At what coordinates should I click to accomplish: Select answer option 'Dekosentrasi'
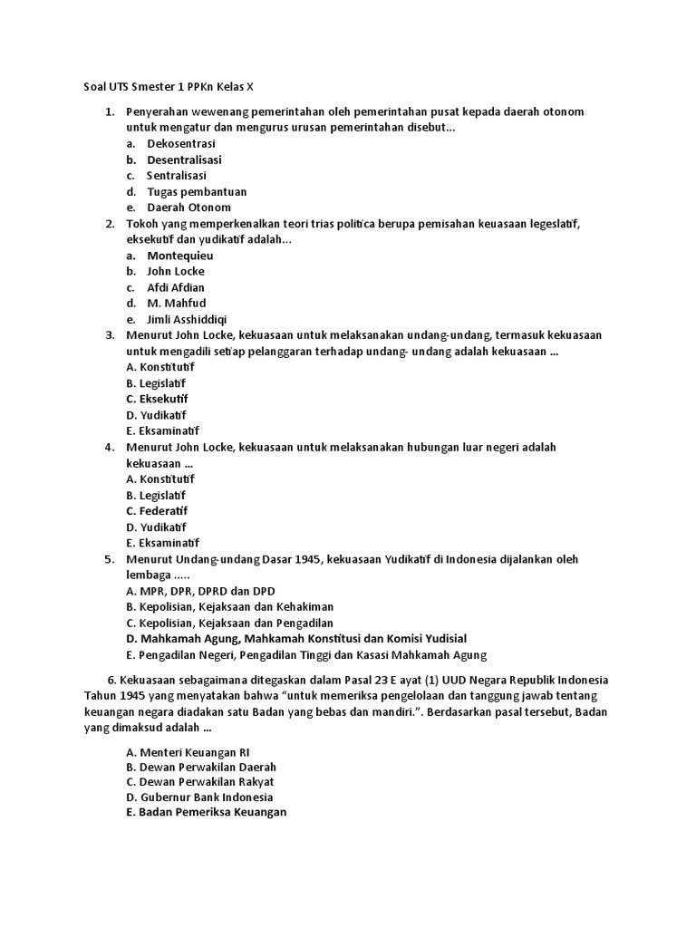[181, 143]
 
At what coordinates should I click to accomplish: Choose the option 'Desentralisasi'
[184, 159]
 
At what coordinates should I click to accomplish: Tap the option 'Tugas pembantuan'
[197, 191]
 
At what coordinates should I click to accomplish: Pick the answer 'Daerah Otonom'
[188, 208]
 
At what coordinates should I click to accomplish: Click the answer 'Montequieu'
[180, 256]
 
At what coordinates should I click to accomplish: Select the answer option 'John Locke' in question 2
[176, 271]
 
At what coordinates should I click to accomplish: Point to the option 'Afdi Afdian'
[176, 287]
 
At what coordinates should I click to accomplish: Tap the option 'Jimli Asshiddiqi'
[188, 319]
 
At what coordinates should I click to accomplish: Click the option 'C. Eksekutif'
[158, 399]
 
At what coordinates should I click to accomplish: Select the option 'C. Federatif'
[158, 510]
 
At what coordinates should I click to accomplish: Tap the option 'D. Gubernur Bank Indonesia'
[199, 797]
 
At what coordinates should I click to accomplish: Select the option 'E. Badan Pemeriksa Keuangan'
[207, 813]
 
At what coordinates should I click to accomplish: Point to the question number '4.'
[109, 447]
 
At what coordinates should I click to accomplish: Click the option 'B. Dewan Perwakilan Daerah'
[201, 767]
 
